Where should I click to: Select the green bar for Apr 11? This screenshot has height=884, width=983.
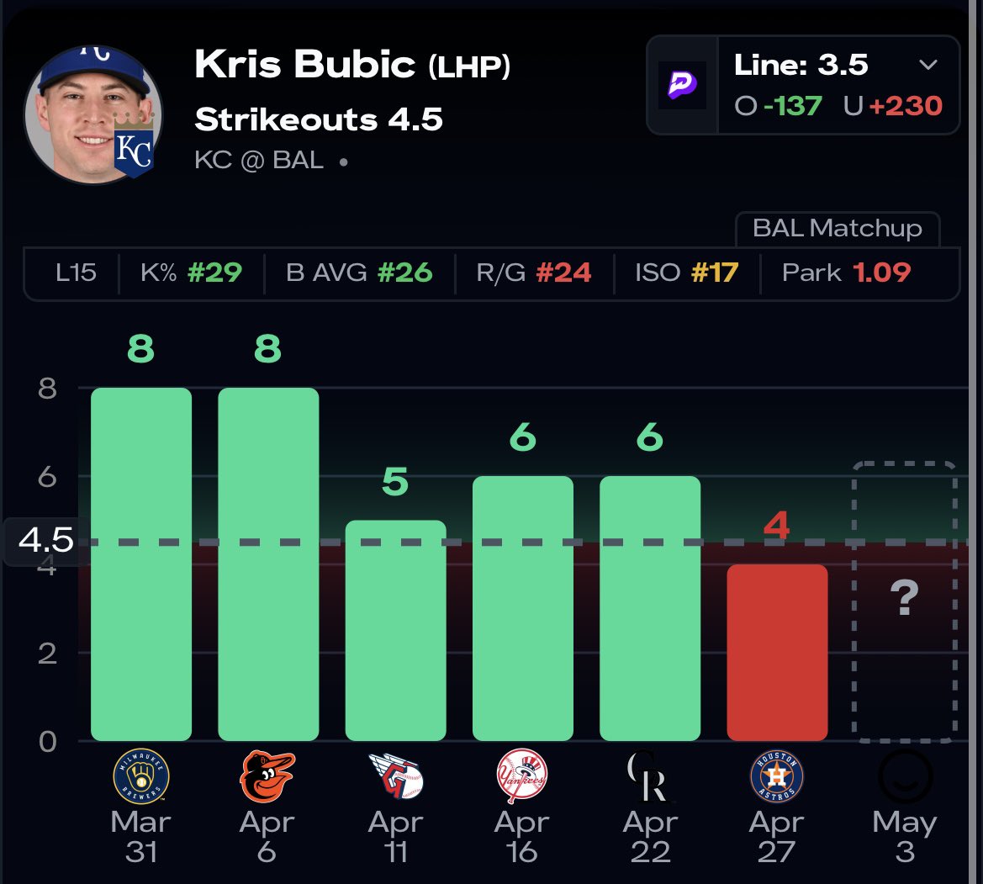click(395, 631)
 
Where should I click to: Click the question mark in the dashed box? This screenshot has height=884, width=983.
click(904, 600)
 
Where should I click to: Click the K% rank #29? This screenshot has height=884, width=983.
click(214, 273)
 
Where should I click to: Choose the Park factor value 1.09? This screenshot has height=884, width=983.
click(882, 273)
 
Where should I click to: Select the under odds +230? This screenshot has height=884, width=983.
click(905, 105)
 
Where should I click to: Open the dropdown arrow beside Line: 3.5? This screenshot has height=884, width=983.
click(928, 66)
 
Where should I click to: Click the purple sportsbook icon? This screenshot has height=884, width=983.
click(682, 84)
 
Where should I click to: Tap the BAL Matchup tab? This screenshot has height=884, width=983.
click(837, 228)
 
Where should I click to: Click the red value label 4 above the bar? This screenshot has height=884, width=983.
click(776, 527)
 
